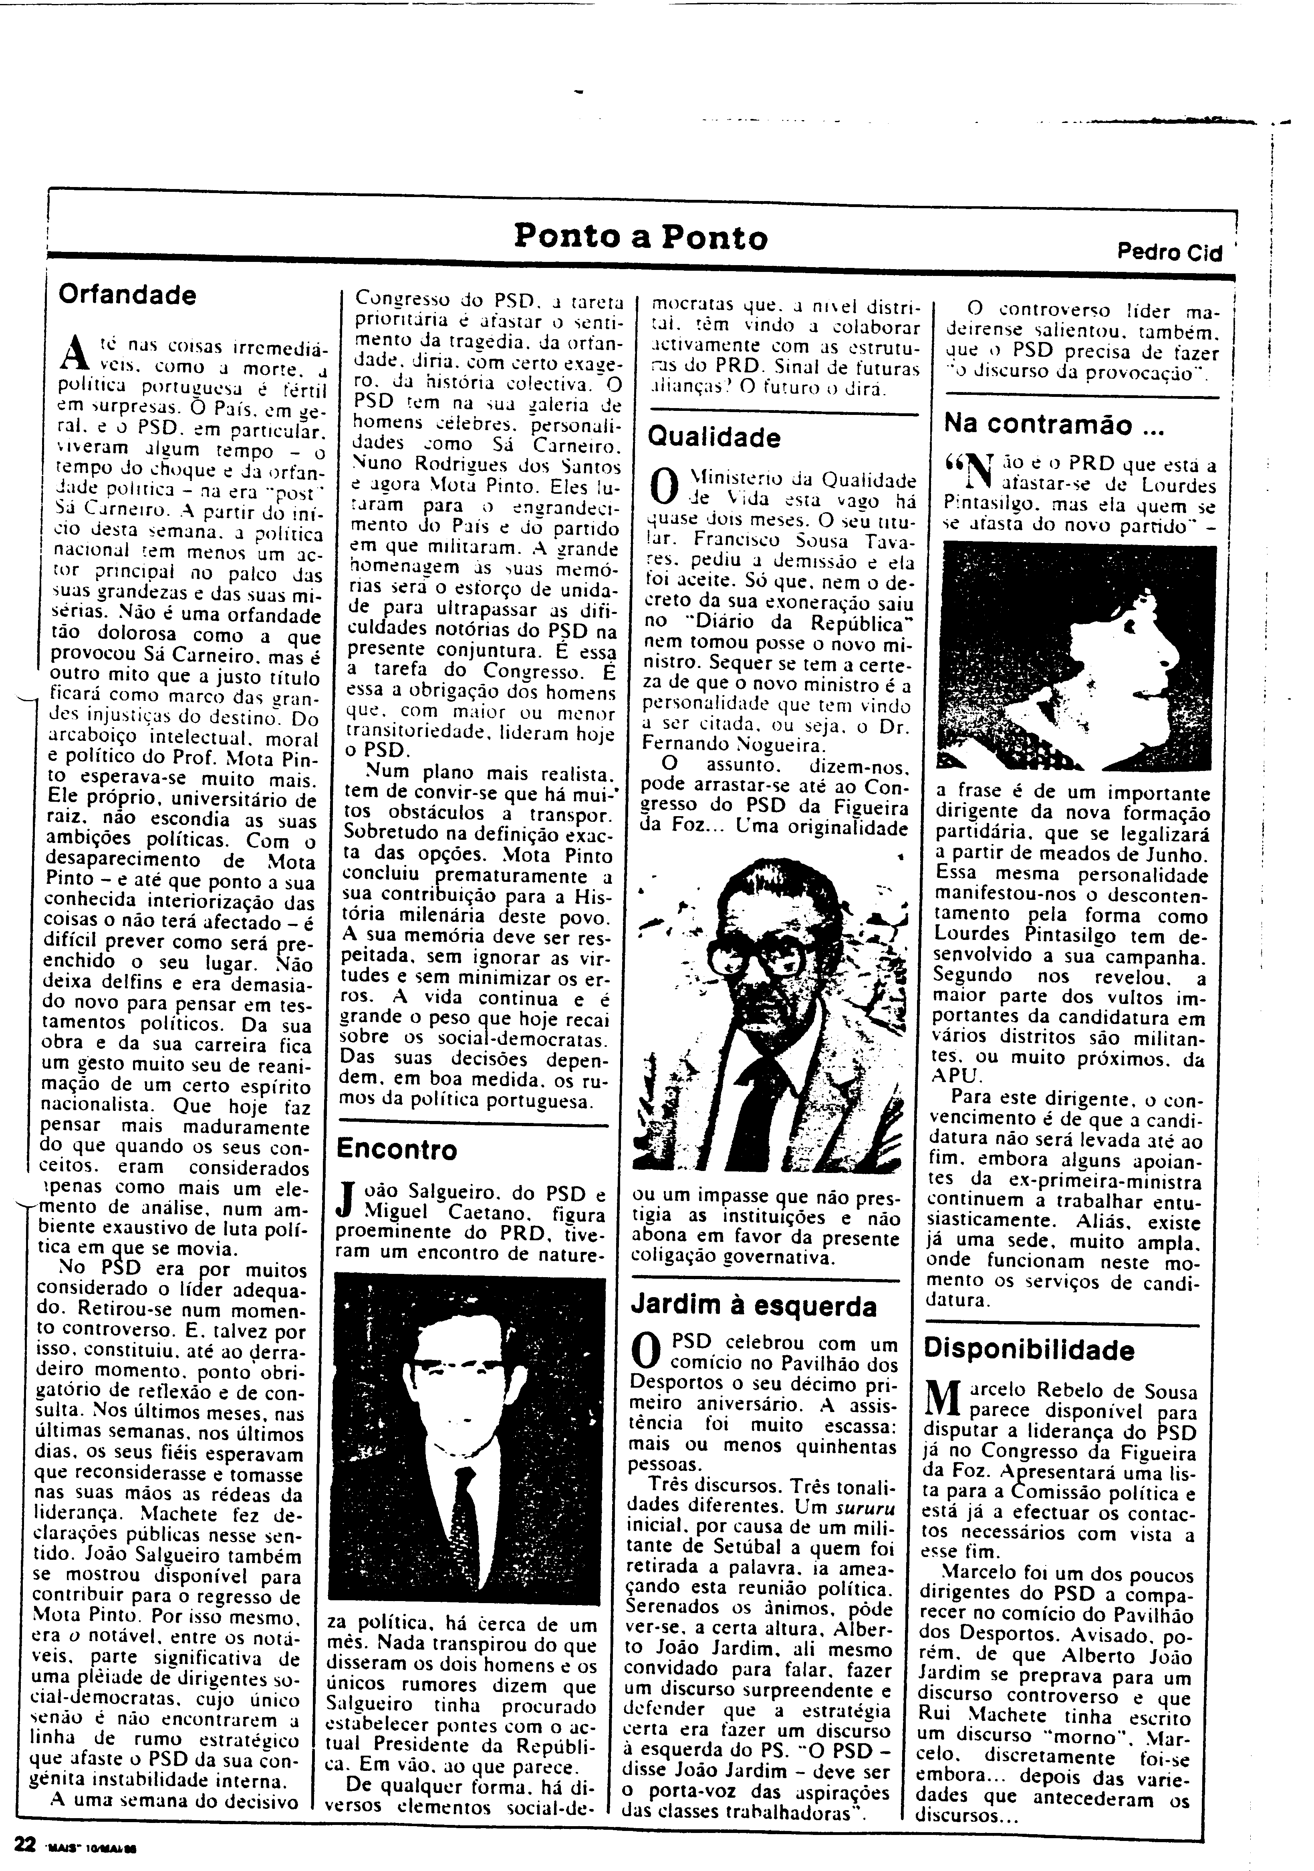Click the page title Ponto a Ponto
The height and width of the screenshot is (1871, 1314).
tap(641, 237)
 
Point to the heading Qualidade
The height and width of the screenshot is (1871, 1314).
tap(713, 438)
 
